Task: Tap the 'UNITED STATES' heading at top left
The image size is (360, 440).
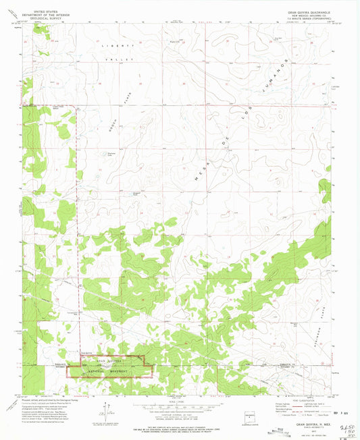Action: (x=42, y=9)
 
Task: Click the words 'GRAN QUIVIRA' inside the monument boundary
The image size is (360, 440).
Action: (x=107, y=361)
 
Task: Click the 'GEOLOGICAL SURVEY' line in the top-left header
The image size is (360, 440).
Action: (x=42, y=18)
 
